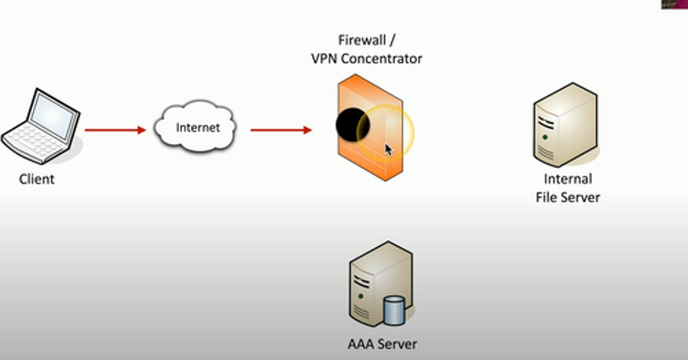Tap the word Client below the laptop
coord(37,180)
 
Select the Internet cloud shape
coord(195,127)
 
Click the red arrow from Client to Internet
coord(115,130)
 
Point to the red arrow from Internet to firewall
coord(281,130)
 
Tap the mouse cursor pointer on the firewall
coord(388,150)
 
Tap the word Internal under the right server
coord(568,179)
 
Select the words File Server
coord(568,197)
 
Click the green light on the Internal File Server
coord(545,138)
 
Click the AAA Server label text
coord(382,344)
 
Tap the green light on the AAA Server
coord(361,296)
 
